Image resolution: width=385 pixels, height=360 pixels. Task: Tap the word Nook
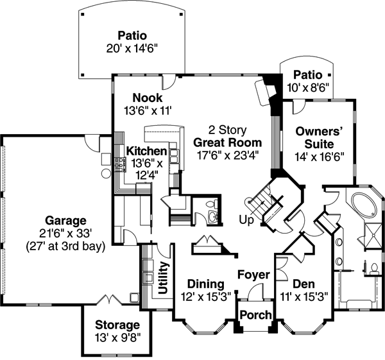point(148,97)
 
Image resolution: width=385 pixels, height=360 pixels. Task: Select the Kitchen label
point(146,151)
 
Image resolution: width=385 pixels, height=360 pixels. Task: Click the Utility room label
point(163,278)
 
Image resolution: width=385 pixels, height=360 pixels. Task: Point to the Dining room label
point(205,284)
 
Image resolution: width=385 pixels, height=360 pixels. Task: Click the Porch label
point(255,316)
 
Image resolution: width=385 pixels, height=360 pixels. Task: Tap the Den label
point(303,284)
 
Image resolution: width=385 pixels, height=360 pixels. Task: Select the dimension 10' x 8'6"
point(309,89)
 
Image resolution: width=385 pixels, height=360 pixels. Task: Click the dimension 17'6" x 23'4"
point(228,155)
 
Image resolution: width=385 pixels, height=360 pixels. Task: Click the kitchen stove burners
point(119,164)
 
